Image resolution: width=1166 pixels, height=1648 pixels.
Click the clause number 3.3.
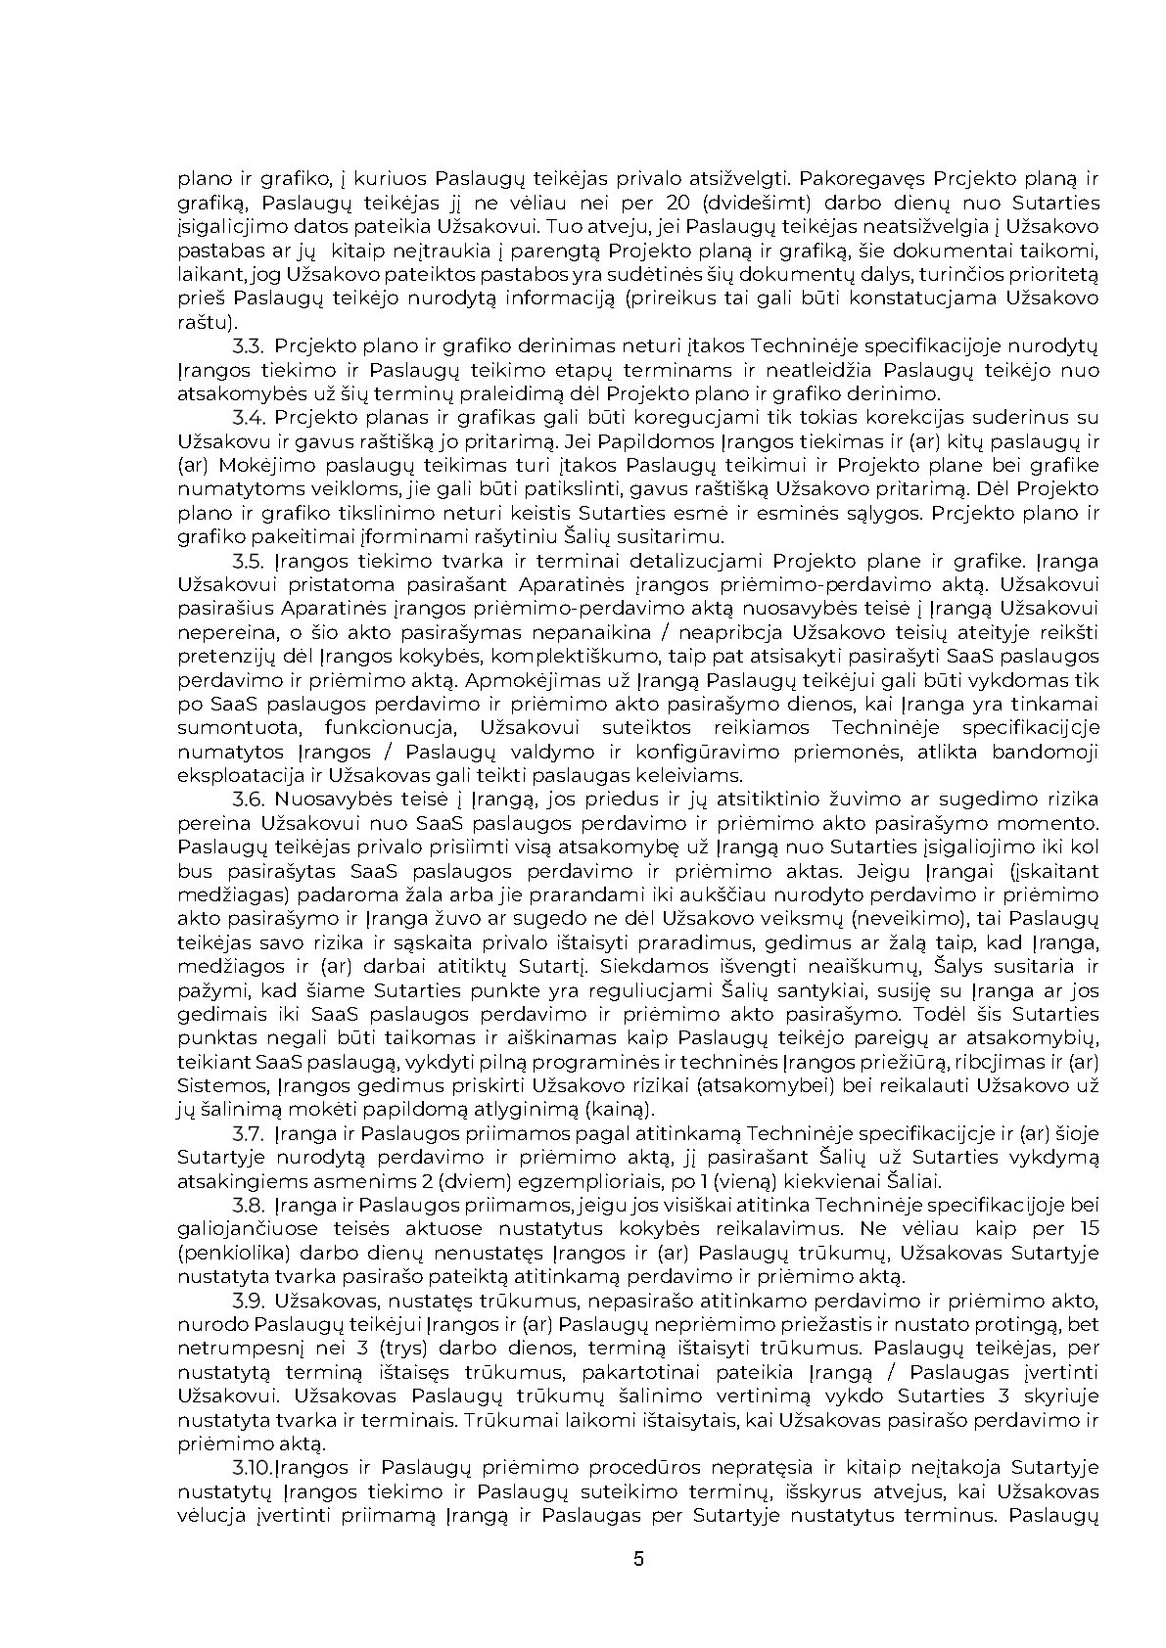click(249, 346)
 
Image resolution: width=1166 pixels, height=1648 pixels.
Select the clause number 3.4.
click(249, 418)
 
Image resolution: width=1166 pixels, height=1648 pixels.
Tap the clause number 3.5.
click(249, 561)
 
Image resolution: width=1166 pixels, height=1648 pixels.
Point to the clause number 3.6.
click(249, 800)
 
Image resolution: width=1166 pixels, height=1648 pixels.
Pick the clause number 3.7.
click(249, 1133)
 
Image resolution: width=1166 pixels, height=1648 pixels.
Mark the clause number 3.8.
click(249, 1205)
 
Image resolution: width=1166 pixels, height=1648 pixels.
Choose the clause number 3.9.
click(249, 1301)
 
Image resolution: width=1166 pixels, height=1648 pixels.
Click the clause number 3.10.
click(253, 1468)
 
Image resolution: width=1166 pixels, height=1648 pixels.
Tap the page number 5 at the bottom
click(639, 1559)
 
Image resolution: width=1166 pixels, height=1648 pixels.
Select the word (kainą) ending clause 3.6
click(620, 1110)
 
